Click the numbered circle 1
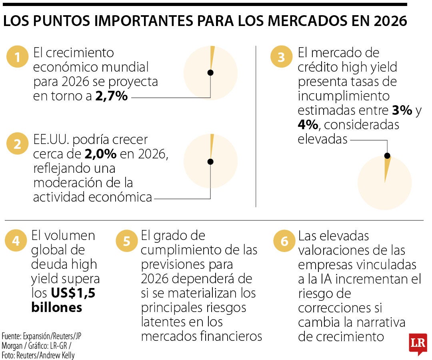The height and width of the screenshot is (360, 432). tap(17, 58)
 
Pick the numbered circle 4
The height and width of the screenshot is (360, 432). tap(16, 241)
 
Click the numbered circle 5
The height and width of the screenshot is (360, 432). tap(126, 241)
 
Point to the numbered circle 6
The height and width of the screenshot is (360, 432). tap(284, 241)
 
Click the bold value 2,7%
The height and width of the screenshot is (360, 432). tap(111, 96)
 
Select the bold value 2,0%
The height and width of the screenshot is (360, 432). tap(100, 154)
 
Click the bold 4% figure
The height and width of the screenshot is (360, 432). tap(308, 125)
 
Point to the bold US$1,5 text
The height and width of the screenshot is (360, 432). tap(73, 293)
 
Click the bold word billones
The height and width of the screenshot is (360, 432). tap(56, 308)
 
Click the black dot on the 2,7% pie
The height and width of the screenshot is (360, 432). tap(210, 72)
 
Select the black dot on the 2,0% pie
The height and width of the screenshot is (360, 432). tap(210, 162)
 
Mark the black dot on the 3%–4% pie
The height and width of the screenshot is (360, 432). tap(387, 156)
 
